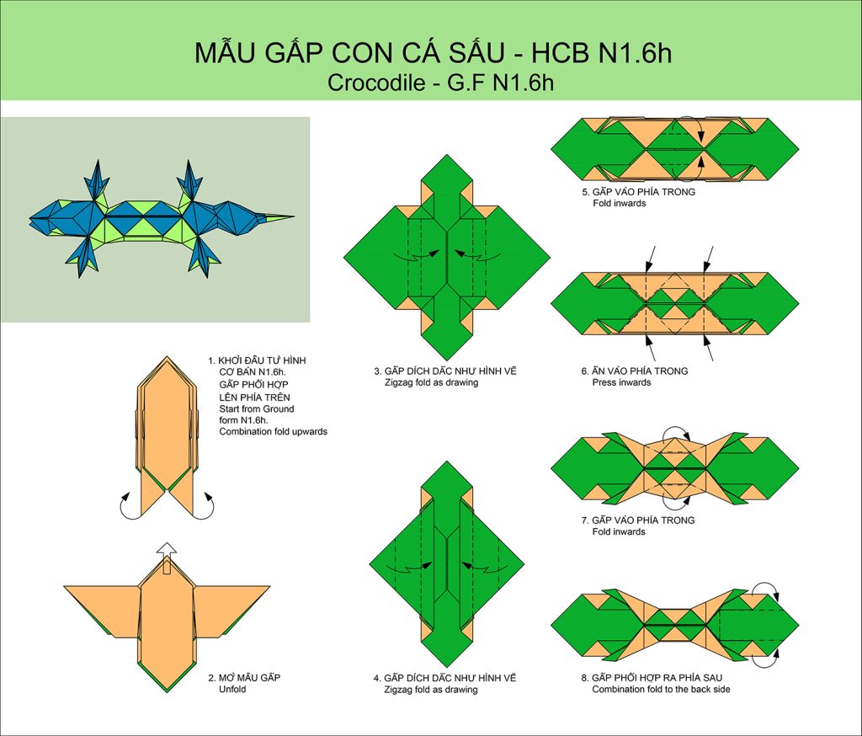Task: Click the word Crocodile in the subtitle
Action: tap(376, 83)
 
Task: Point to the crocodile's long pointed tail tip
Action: tap(293, 216)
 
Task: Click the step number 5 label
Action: tap(585, 192)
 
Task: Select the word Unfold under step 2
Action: tap(232, 689)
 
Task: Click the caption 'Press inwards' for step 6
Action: tap(621, 382)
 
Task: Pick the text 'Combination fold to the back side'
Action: tap(662, 689)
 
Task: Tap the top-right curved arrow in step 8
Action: tap(766, 589)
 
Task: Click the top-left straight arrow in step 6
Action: tap(651, 259)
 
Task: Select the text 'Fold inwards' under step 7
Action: tap(619, 532)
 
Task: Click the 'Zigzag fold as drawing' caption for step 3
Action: tap(431, 382)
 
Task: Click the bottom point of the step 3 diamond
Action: tap(447, 360)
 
